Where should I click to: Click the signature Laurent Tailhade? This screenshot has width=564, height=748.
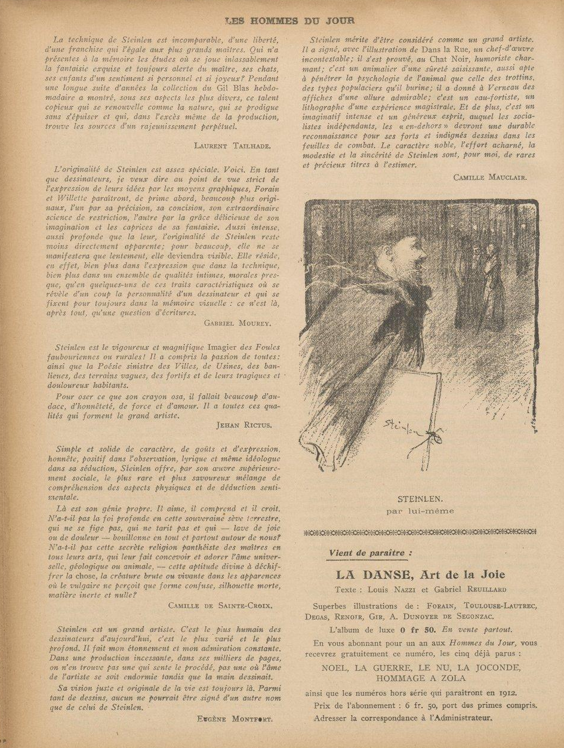click(x=232, y=145)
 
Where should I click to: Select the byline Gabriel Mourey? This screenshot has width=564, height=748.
click(x=237, y=323)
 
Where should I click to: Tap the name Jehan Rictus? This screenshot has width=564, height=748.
click(x=244, y=425)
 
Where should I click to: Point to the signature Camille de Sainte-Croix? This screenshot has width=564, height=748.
click(x=220, y=605)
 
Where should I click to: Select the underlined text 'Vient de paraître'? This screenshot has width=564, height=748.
click(x=368, y=553)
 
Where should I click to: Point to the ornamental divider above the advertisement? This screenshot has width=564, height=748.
click(x=420, y=532)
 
